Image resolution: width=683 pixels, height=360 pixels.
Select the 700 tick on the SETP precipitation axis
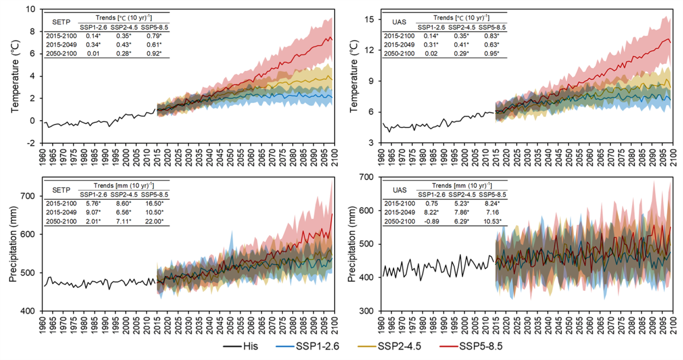29,196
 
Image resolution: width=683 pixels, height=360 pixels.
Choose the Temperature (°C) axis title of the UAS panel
354,78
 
